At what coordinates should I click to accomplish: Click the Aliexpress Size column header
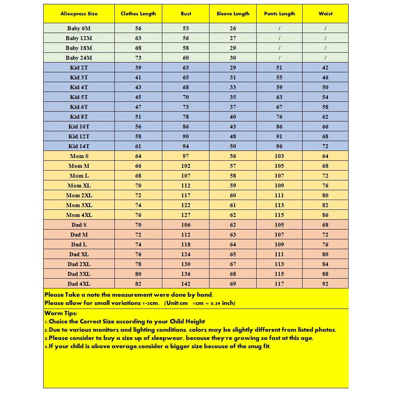click(79, 14)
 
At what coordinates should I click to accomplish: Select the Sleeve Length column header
click(233, 14)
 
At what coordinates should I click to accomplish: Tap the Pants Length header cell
click(279, 14)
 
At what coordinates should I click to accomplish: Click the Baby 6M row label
click(79, 28)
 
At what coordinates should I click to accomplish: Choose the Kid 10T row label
click(79, 127)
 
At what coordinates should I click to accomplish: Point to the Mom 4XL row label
click(79, 215)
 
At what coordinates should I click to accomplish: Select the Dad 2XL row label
click(79, 264)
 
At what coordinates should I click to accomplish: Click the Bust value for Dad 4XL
click(186, 284)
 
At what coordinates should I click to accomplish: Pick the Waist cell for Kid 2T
click(325, 68)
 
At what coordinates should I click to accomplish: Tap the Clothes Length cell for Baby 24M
click(138, 58)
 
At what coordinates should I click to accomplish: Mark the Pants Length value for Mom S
click(279, 156)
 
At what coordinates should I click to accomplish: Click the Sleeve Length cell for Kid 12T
click(233, 136)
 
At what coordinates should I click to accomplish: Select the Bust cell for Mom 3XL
click(186, 205)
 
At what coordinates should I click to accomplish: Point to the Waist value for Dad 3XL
click(325, 274)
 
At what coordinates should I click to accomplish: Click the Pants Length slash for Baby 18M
click(279, 48)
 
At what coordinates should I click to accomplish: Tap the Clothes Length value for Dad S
click(138, 225)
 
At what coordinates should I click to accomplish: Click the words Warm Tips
click(61, 313)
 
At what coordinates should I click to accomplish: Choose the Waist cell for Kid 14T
click(325, 146)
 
